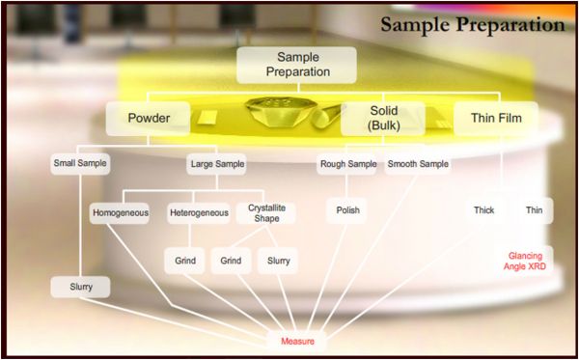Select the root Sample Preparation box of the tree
pos(297,65)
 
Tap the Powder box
pos(149,119)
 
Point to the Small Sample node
pos(80,164)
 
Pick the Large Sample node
pos(217,164)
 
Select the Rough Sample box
pos(347,164)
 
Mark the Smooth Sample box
pos(418,164)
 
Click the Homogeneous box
pos(120,211)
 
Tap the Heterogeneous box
pos(198,211)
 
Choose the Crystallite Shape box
pos(266,212)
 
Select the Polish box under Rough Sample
pos(347,209)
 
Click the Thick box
pos(483,209)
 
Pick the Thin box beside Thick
pos(534,209)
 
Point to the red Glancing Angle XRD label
pos(530,260)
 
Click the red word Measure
pos(298,342)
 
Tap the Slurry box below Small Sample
pos(80,288)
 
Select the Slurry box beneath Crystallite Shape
pos(277,261)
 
